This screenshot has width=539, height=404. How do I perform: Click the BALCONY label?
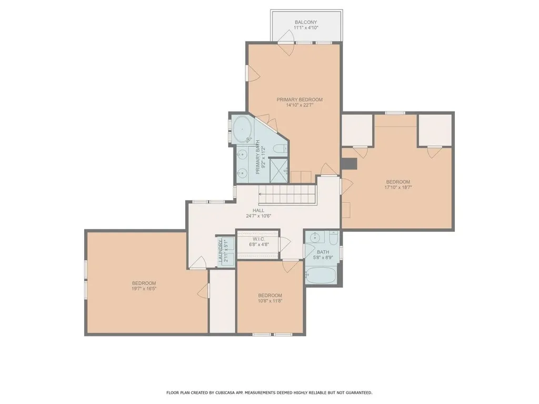click(x=306, y=22)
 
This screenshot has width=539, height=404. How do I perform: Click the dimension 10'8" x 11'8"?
click(x=270, y=301)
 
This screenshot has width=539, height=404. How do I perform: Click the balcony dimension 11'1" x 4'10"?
click(x=306, y=28)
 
